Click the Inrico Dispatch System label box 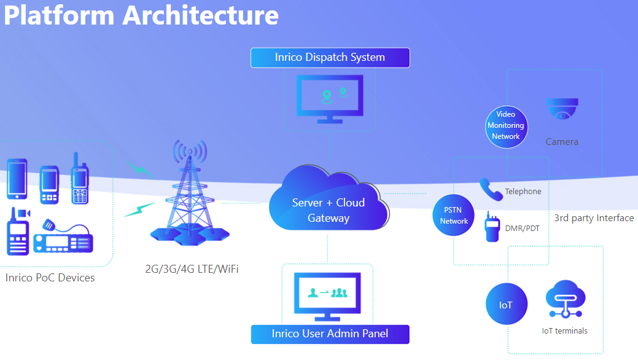[x=330, y=58]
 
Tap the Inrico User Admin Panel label [x=330, y=334]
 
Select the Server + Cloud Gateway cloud [x=329, y=203]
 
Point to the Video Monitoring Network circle [x=506, y=126]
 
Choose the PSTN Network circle [x=454, y=216]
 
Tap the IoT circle [x=506, y=304]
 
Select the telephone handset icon [x=491, y=190]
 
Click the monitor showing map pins [x=330, y=98]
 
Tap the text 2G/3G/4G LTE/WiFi [x=191, y=269]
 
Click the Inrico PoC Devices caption [x=50, y=278]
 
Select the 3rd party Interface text [x=594, y=218]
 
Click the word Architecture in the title [x=200, y=15]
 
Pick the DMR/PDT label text [x=522, y=228]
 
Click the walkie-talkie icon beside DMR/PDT [x=492, y=227]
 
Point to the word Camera [x=562, y=142]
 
